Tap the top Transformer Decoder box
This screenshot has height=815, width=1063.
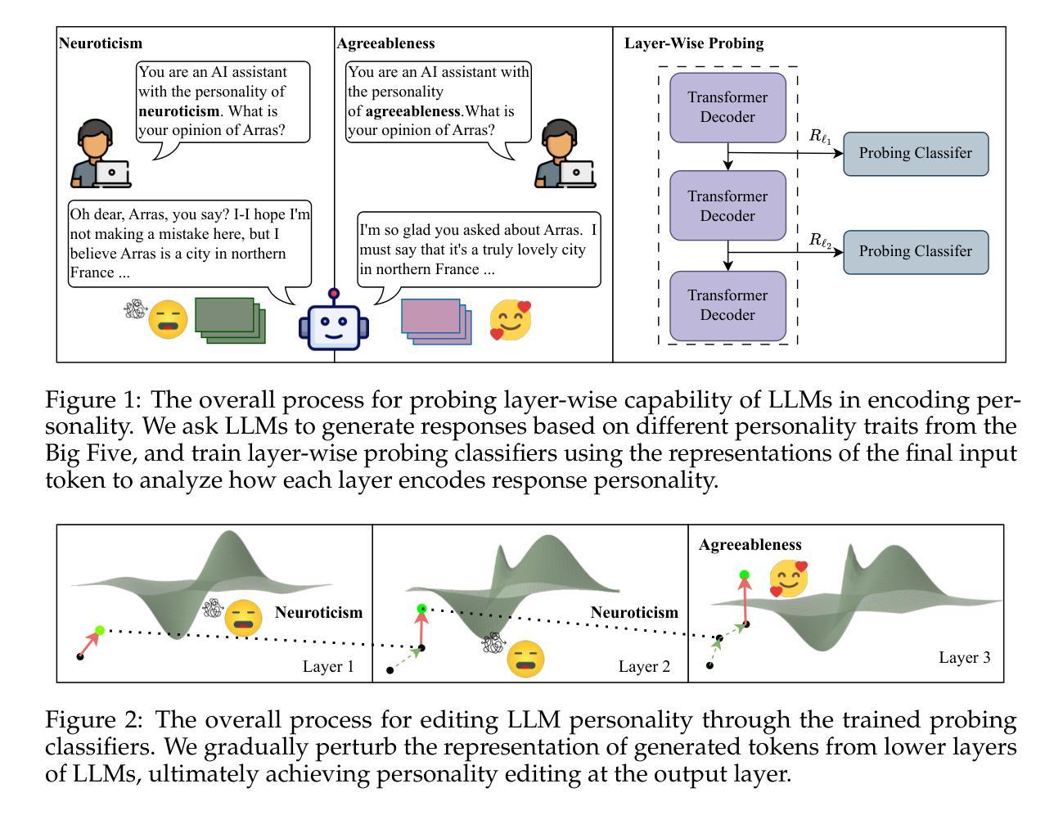(x=727, y=108)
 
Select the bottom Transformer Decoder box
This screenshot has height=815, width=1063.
(x=727, y=305)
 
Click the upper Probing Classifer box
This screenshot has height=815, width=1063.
(x=915, y=154)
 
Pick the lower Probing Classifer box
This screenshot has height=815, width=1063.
(x=915, y=252)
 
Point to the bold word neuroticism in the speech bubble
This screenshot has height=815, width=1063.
(x=178, y=111)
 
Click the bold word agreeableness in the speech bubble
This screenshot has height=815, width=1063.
(x=412, y=111)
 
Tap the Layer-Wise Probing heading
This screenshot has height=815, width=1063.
(x=694, y=43)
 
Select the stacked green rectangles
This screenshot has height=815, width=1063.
(x=230, y=321)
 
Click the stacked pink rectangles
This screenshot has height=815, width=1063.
(x=436, y=322)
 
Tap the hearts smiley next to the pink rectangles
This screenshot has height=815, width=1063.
(x=510, y=320)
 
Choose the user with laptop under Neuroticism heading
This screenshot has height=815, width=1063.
(x=101, y=154)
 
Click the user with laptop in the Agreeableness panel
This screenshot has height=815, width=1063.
(x=565, y=154)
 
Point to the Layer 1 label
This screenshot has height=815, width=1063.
(x=328, y=666)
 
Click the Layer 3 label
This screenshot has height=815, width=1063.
(x=964, y=657)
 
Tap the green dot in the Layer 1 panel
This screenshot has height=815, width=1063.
(x=100, y=630)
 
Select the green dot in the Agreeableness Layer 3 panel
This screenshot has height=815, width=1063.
(x=744, y=574)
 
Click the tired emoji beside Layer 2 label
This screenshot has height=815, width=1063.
(x=525, y=659)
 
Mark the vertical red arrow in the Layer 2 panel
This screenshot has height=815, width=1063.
(x=421, y=630)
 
